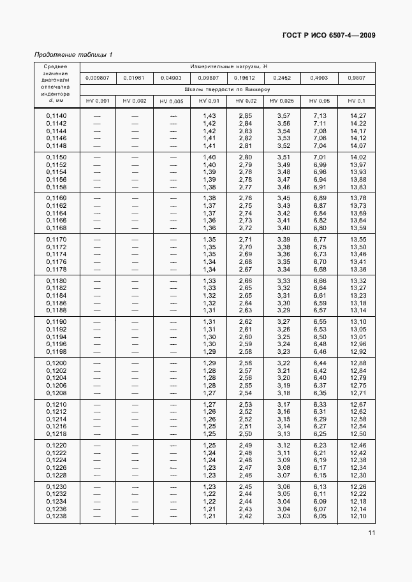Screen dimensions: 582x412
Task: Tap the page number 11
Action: (371, 534)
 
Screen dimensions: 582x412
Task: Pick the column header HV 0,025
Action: (282, 101)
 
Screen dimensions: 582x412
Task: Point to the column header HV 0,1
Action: (357, 101)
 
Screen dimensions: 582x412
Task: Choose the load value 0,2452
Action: (282, 78)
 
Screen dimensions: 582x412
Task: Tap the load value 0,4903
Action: (319, 78)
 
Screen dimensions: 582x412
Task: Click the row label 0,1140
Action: (56, 115)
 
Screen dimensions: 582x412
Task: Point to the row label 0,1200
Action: (56, 363)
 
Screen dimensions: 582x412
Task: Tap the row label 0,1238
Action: (56, 516)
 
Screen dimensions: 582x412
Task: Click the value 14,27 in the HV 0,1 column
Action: (358, 115)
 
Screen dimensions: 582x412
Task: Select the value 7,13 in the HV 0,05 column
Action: (319, 115)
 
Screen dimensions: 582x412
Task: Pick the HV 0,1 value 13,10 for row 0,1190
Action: (358, 321)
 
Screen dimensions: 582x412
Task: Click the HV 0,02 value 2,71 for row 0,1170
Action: (246, 239)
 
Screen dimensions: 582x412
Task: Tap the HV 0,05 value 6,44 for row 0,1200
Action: (319, 363)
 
